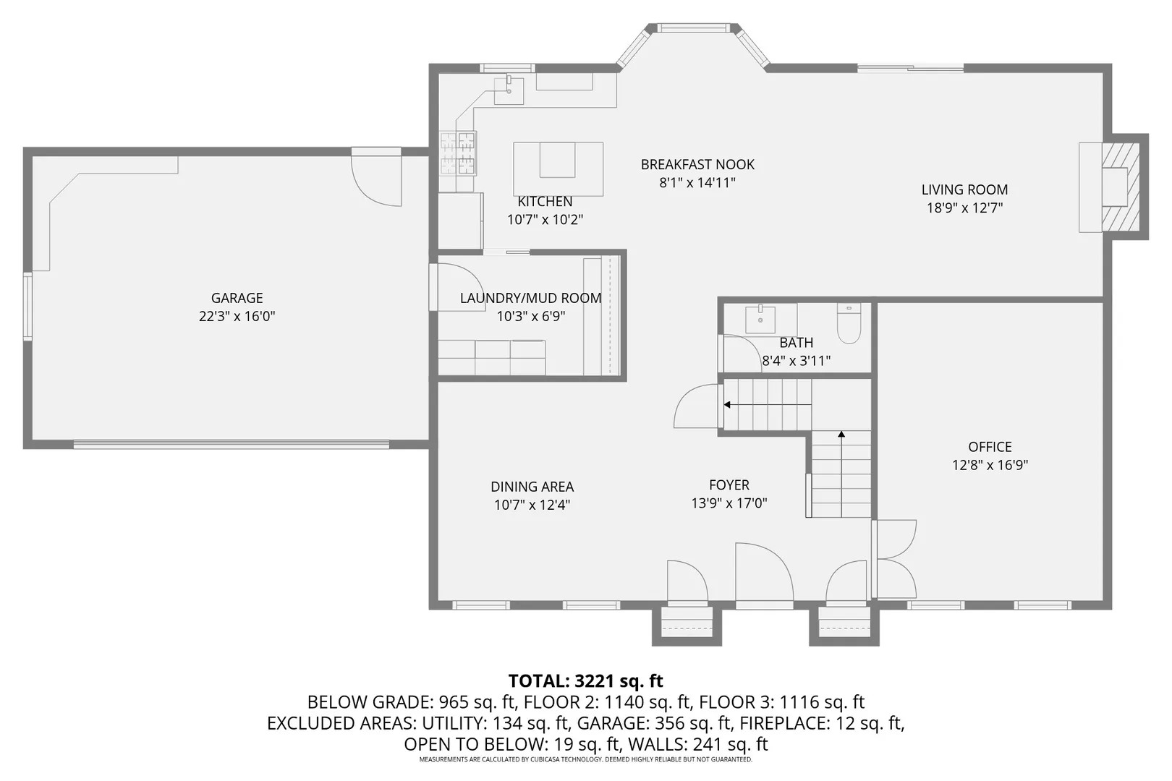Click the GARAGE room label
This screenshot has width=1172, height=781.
pos(237,298)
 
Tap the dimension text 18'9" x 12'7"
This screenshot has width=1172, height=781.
pos(964,208)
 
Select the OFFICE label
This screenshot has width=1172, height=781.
pos(990,447)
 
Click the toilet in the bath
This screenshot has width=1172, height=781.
pos(849,325)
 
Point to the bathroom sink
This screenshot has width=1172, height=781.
pos(760,319)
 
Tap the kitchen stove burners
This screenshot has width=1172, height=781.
pos(458,153)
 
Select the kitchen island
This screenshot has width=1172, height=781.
pos(558,168)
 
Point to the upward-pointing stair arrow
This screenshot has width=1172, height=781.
pos(841,435)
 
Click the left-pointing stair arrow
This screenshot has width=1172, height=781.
pos(728,405)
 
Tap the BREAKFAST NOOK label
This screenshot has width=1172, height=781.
pos(697,165)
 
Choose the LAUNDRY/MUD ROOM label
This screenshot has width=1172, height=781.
pos(530,298)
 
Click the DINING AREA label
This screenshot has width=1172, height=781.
pos(532,487)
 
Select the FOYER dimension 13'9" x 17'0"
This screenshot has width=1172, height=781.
pos(729,503)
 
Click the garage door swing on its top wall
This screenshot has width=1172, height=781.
pos(376,179)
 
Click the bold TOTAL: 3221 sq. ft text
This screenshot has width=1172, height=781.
pos(585,680)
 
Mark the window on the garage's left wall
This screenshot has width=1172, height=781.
pos(27,306)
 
